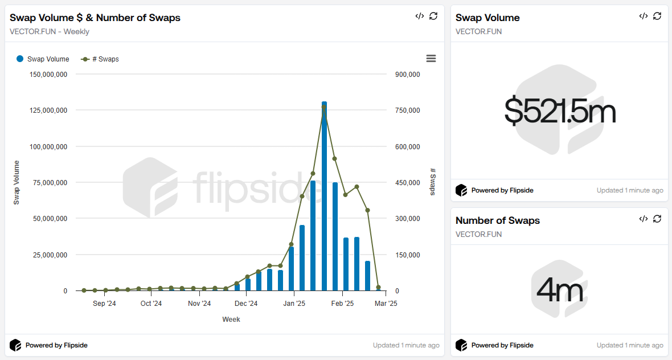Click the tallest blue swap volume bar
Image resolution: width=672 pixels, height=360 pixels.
pyautogui.click(x=324, y=197)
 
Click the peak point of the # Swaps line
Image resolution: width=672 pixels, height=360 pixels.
pyautogui.click(x=323, y=107)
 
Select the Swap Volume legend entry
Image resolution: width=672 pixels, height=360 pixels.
pyautogui.click(x=43, y=59)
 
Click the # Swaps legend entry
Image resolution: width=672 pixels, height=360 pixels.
pyautogui.click(x=100, y=59)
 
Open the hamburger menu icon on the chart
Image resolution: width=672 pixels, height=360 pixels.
pyautogui.click(x=431, y=59)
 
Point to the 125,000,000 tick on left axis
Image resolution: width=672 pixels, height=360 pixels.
pyautogui.click(x=48, y=110)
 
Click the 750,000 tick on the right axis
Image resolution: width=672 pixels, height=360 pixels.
pyautogui.click(x=408, y=110)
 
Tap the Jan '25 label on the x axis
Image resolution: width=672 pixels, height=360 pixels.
pyautogui.click(x=294, y=304)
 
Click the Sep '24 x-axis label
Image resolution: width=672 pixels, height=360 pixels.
pyautogui.click(x=104, y=304)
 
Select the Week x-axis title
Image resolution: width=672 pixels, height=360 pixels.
pyautogui.click(x=231, y=320)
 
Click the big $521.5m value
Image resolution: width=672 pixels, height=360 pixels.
pyautogui.click(x=560, y=111)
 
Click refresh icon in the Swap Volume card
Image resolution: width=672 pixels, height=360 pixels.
pyautogui.click(x=657, y=16)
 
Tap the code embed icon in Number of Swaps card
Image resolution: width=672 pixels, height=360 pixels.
pyautogui.click(x=644, y=219)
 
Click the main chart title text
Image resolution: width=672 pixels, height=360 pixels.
pyautogui.click(x=95, y=18)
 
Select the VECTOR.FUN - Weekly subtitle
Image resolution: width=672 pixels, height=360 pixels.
pyautogui.click(x=50, y=31)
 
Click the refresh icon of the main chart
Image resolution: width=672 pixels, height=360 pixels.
pyautogui.click(x=433, y=16)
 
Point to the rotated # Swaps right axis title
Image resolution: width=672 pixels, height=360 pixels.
pyautogui.click(x=433, y=182)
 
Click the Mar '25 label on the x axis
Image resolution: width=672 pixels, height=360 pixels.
pyautogui.click(x=386, y=304)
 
